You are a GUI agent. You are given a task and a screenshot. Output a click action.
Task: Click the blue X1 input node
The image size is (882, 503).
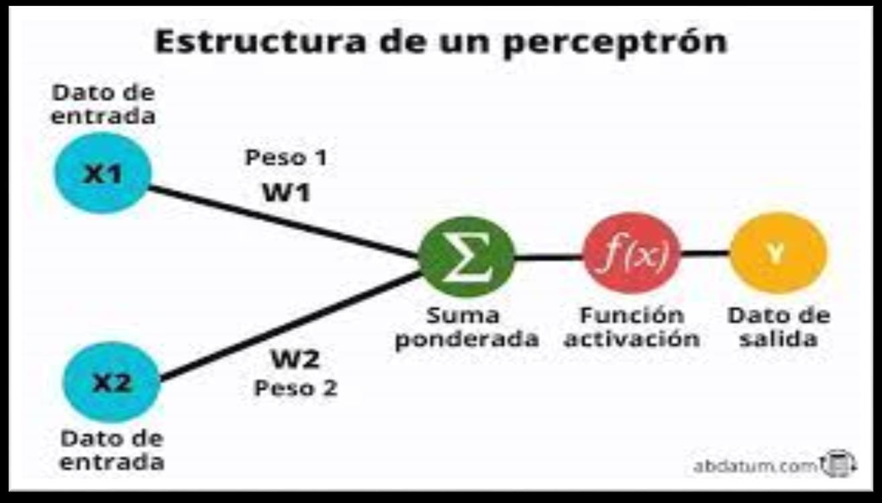coord(103,174)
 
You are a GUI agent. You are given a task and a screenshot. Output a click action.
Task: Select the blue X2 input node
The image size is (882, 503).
coord(111,382)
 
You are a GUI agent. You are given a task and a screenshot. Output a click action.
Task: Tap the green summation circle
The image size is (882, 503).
coord(466,257)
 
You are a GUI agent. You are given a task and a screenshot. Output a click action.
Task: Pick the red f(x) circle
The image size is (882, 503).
coord(632,255)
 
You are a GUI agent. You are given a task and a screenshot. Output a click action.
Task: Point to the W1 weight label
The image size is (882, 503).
coord(286,192)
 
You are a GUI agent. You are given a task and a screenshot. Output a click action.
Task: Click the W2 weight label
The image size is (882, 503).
coord(295,360)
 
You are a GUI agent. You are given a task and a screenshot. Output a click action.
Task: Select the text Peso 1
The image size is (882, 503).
coord(286,158)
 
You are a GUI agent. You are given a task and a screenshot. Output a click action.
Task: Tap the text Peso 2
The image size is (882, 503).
coord(295,388)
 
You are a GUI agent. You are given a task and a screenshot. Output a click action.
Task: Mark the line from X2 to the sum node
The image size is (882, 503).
coord(289,327)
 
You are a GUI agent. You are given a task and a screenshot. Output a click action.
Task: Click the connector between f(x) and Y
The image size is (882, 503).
coord(705,254)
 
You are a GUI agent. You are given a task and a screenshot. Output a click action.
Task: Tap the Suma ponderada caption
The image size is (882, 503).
coord(467,327)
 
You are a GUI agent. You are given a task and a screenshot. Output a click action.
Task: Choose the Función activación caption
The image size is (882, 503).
coord(632,327)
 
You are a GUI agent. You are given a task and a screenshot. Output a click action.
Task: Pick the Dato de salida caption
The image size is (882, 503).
coord(779,327)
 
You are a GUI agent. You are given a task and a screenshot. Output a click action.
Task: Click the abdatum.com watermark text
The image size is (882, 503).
coord(756,466)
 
